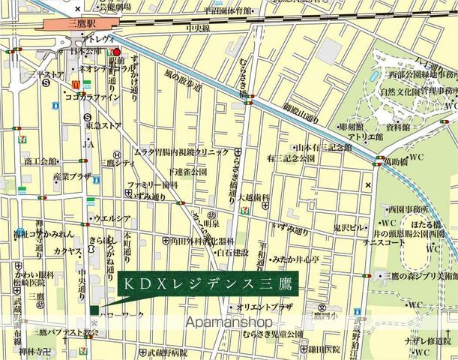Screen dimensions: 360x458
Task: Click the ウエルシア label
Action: tap(111, 218)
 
